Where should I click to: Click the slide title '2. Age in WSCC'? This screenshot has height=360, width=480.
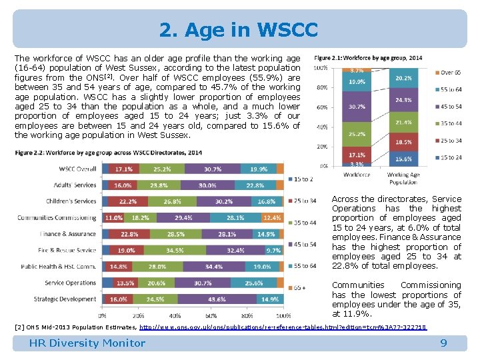click(239, 30)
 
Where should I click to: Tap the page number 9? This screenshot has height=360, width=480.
click(443, 343)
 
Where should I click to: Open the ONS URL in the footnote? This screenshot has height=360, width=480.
click(283, 327)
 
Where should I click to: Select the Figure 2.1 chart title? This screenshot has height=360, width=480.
click(367, 58)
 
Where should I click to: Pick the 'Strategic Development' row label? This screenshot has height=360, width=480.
click(65, 299)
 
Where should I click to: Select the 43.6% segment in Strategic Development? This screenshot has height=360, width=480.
click(216, 299)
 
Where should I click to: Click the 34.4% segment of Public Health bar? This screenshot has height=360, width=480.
click(214, 267)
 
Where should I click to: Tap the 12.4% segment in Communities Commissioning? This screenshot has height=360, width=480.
click(272, 218)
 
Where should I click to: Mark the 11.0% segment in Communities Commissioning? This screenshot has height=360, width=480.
click(113, 218)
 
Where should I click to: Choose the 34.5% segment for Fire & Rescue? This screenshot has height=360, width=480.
click(175, 251)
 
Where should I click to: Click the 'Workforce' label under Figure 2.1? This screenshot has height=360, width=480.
click(356, 175)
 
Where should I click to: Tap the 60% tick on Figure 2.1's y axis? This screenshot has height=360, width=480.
click(321, 107)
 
